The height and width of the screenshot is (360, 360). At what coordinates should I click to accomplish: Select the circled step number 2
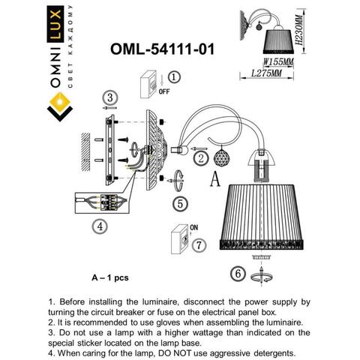200,157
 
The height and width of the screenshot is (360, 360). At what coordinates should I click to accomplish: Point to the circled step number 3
110,97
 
